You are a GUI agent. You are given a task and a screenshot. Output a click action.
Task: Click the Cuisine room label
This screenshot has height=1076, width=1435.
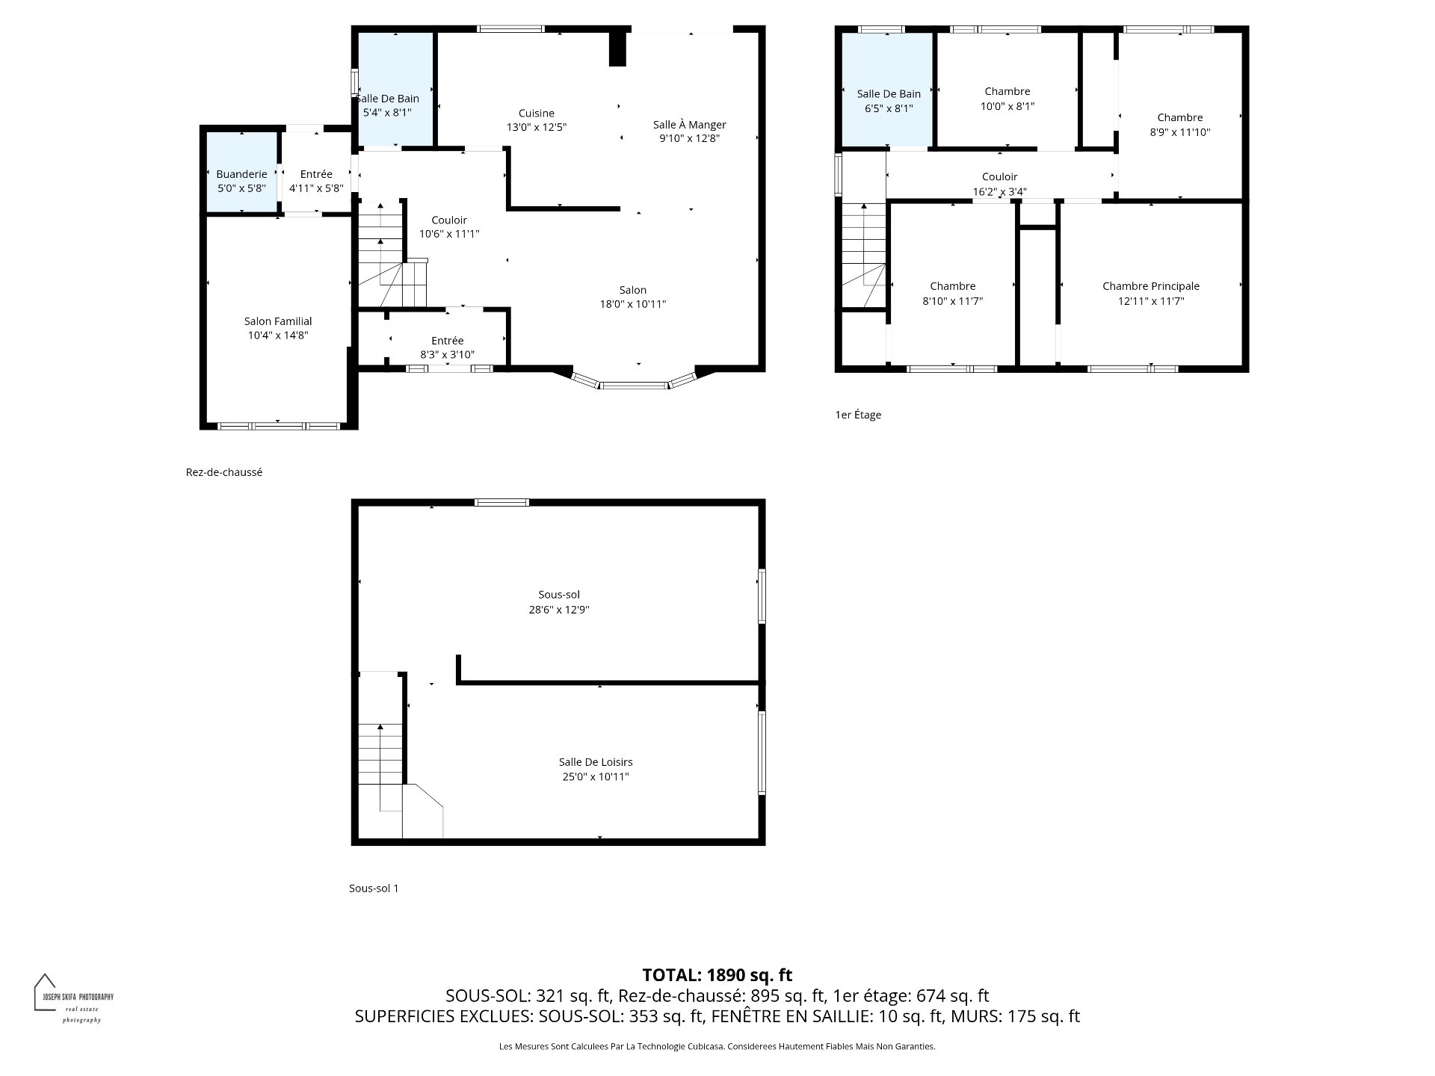point(537,114)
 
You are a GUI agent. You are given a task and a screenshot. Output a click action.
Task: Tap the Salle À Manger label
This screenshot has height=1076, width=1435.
point(689,125)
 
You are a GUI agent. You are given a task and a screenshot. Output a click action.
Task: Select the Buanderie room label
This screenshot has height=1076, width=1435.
point(241,174)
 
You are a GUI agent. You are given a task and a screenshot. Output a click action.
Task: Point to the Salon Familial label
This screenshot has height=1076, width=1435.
point(278,321)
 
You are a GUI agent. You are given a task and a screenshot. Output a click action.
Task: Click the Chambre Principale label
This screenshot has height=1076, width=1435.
point(1151,286)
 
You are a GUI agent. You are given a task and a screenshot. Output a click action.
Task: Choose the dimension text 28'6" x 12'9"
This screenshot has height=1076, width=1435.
point(559,610)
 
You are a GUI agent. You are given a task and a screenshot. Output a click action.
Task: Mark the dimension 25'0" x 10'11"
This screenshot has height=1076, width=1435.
point(596,777)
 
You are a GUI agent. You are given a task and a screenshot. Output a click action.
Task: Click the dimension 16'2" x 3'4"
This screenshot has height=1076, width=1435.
point(1000,191)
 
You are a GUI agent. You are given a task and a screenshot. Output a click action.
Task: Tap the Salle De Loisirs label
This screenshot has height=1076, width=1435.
point(596,762)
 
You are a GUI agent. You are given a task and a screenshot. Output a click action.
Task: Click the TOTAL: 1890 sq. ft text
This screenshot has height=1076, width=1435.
point(717,975)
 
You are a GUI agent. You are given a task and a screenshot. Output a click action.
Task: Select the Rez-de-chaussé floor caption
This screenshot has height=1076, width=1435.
point(224,472)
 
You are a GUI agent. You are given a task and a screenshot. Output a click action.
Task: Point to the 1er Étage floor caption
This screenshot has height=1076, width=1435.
point(858,415)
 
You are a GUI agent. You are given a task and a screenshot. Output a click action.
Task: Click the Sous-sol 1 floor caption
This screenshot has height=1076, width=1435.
point(374,888)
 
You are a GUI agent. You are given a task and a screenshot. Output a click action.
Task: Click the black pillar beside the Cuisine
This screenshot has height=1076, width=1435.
point(617,49)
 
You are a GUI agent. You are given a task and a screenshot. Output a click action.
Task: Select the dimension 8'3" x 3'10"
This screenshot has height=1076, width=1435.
point(447,355)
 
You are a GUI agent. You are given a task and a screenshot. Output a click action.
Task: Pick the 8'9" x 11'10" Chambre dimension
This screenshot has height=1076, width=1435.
point(1180,132)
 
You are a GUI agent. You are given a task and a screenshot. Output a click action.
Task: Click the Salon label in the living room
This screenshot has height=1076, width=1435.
point(633,290)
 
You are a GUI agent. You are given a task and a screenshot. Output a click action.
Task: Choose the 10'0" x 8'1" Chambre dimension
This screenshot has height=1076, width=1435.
point(1007,106)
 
